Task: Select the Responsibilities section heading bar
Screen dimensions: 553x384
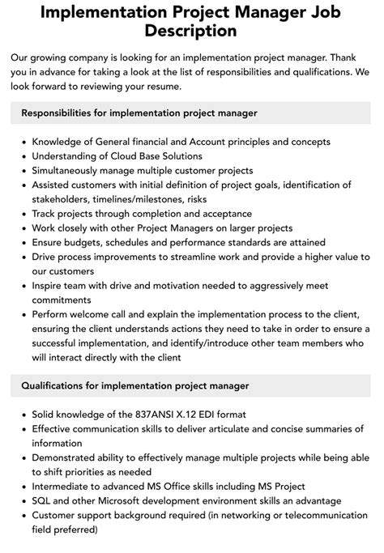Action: (191, 113)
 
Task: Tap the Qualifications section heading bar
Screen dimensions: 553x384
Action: (191, 385)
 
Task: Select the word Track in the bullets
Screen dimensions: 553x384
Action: (46, 214)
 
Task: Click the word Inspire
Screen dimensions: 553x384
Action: (49, 285)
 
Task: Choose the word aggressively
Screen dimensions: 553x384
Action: (276, 285)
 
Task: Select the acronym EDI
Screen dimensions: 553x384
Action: (213, 415)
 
